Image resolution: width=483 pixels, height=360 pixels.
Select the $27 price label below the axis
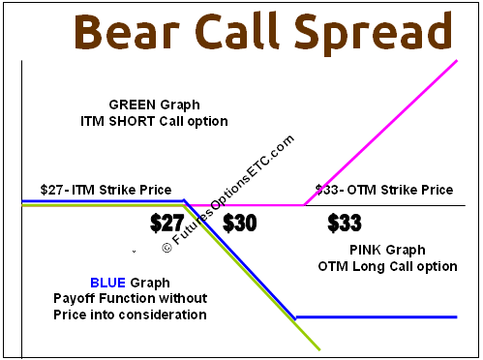[169, 224]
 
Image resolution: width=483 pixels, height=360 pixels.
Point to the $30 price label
[239, 224]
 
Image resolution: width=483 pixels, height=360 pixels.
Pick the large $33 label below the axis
[345, 224]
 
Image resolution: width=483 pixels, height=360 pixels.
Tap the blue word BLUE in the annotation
[107, 282]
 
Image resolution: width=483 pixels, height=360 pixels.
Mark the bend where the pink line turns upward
[304, 204]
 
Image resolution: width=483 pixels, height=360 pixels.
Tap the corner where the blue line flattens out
[295, 316]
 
